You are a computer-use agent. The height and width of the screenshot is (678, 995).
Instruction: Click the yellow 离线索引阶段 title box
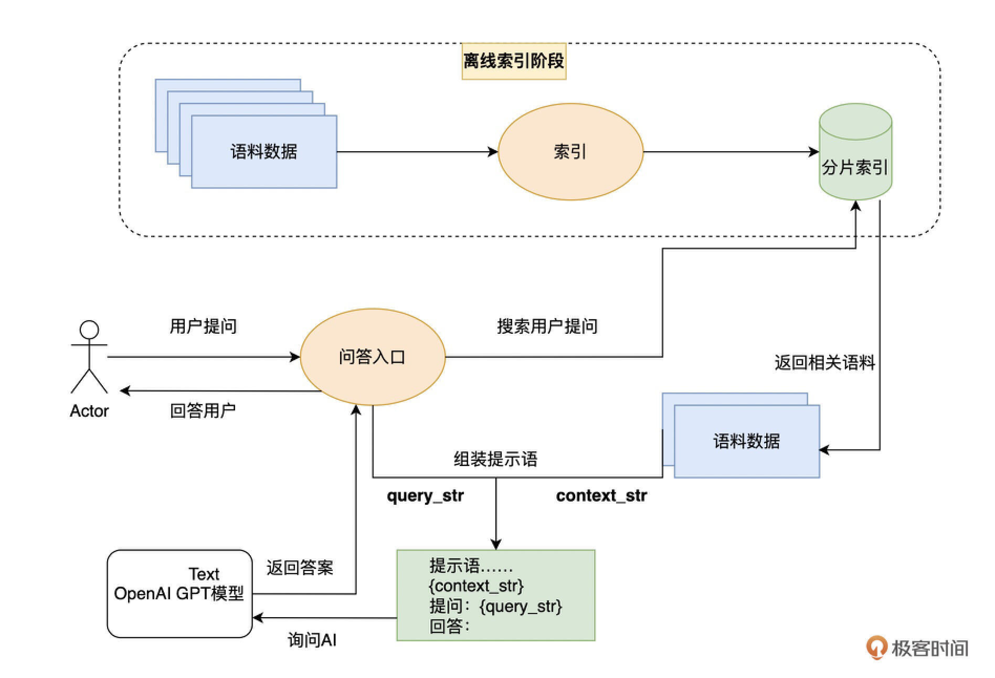[x=513, y=61]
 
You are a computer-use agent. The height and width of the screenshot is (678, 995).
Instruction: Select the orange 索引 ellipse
[x=570, y=152]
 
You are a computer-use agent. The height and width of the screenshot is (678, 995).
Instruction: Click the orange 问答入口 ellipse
[x=372, y=357]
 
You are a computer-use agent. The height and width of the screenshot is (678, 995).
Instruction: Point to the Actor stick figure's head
[x=89, y=330]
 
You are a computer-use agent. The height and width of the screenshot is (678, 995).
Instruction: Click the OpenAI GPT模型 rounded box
[x=179, y=594]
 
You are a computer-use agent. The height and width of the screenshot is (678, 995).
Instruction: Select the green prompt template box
[x=495, y=595]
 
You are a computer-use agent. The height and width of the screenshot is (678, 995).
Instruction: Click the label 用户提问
[x=203, y=326]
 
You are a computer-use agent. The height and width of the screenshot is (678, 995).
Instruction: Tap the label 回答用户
[x=203, y=410]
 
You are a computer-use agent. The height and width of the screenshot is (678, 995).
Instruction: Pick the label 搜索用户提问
[x=547, y=326]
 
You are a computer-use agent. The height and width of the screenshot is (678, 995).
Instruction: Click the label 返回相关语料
[x=824, y=363]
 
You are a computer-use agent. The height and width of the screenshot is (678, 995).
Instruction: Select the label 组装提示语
[x=495, y=459]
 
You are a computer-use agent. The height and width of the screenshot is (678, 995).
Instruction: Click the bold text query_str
[x=425, y=495]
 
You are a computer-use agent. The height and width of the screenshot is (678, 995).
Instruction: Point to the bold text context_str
[x=601, y=495]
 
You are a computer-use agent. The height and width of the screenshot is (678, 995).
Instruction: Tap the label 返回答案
[x=300, y=567]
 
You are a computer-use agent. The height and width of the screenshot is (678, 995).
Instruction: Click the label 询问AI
[x=312, y=640]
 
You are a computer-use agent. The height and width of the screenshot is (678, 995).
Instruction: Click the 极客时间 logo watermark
[x=917, y=648]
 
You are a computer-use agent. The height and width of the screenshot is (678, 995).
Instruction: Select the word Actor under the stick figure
[x=89, y=410]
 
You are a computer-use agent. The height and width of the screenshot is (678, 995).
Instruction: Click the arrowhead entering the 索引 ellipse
[x=493, y=152]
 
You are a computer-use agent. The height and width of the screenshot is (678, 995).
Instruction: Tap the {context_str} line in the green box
[x=476, y=586]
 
